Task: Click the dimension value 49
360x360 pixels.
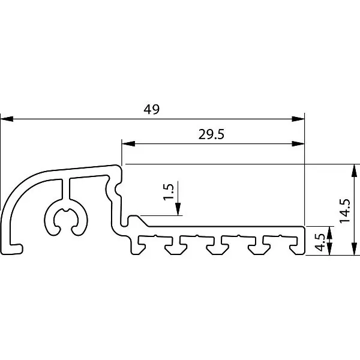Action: [151, 109]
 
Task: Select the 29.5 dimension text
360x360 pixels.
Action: [211, 134]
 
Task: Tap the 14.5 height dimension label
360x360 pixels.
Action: [345, 211]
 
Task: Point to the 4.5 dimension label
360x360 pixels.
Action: [320, 242]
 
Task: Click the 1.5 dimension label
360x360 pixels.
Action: [169, 192]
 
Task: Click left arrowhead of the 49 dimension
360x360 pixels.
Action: [7, 119]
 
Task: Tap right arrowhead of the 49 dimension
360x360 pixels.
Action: [298, 119]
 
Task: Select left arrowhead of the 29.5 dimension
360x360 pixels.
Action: [128, 144]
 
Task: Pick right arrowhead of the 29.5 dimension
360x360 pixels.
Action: [298, 144]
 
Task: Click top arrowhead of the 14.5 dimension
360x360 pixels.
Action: [354, 170]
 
